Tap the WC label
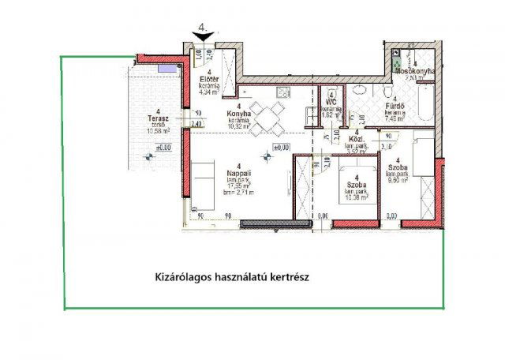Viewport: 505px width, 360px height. [x=332, y=103]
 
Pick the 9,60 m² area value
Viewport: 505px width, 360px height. [x=397, y=180]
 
